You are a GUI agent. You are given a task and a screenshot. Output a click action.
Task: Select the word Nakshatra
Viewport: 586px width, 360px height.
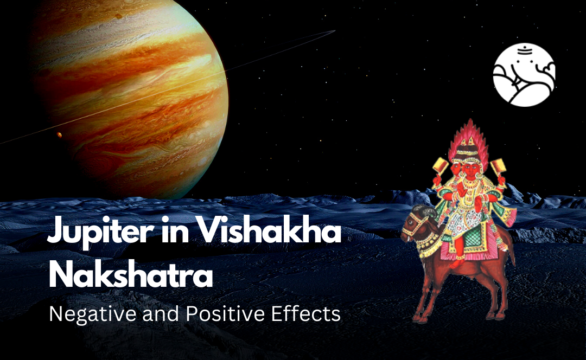point(131,275)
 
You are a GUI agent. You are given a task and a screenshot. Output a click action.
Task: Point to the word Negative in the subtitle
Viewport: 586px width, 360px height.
point(93,314)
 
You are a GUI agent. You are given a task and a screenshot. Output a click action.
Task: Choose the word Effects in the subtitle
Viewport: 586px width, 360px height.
point(305,314)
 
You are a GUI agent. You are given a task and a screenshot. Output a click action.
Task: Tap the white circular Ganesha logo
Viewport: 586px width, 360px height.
point(524,75)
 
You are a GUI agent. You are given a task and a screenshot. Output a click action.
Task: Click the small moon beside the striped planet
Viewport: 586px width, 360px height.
point(59,134)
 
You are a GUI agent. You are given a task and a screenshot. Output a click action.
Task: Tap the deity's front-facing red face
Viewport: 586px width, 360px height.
point(472,169)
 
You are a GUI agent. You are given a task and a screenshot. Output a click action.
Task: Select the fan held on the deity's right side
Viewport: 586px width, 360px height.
point(498,168)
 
